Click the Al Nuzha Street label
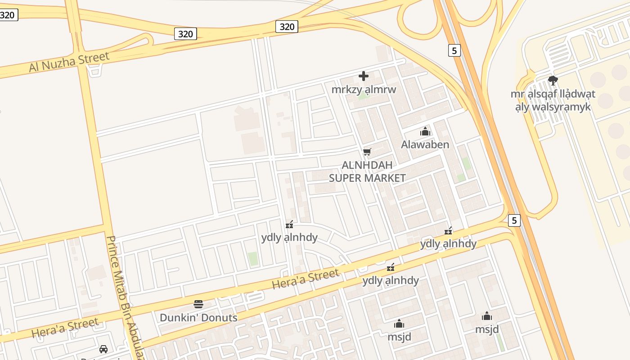coord(69,62)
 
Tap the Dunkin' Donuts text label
coord(198,317)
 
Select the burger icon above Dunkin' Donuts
coord(198,304)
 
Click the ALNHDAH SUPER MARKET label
coord(367,171)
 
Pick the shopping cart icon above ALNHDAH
coord(367,152)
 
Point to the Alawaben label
coord(425,144)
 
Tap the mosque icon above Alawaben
coord(425,131)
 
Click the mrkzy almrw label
coord(364,89)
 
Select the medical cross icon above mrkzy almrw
coord(364,76)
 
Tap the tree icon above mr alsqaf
coord(553,81)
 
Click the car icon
coord(103,349)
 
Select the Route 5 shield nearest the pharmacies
coord(514,220)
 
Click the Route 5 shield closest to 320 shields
coord(454,50)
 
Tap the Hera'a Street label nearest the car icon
coord(65,328)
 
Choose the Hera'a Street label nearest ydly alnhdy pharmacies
coord(305,279)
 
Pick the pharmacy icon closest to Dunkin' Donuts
coord(290,224)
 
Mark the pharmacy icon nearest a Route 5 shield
coord(448,231)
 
